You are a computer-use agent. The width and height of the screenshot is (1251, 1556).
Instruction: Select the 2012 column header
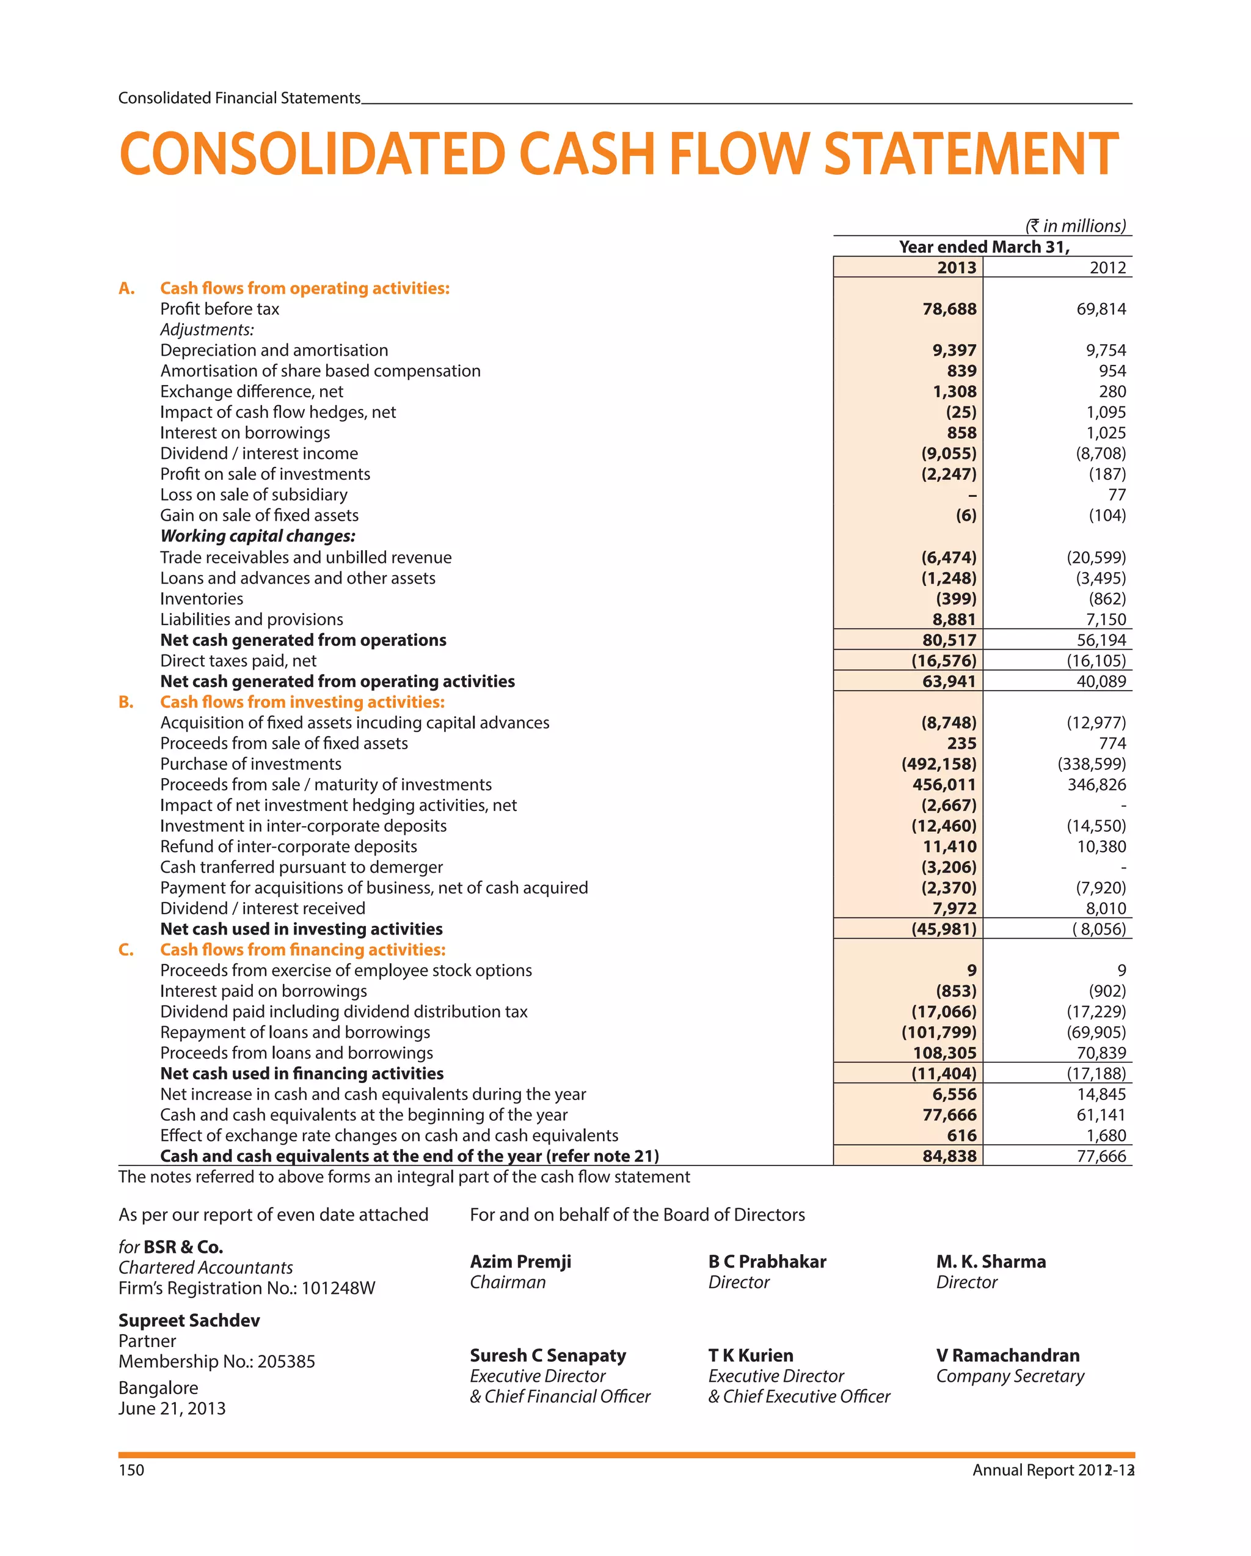1107,268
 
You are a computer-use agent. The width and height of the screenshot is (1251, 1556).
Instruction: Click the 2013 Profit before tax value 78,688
949,309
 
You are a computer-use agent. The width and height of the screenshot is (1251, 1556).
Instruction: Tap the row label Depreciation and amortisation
274,350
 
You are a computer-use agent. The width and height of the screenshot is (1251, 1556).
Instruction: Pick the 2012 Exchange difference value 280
1112,391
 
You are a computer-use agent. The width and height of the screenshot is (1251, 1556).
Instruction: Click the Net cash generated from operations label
303,640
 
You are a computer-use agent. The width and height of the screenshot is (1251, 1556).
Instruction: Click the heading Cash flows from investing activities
302,702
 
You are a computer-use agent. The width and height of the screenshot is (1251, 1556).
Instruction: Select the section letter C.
126,950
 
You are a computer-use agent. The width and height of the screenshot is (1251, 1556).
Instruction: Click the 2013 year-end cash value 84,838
949,1156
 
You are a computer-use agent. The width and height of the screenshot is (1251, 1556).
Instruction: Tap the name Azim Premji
520,1261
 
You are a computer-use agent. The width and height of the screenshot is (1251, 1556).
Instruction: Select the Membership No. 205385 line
216,1362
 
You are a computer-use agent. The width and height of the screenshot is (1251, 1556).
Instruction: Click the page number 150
131,1470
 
